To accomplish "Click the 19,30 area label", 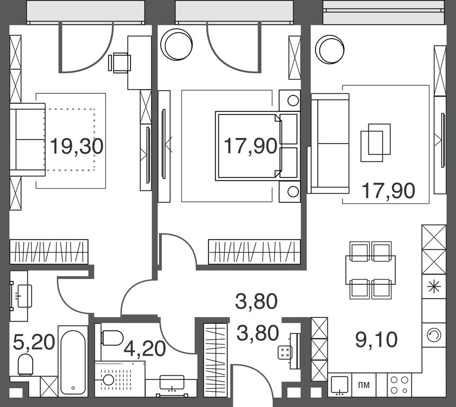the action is [76, 146].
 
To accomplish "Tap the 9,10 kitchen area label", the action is [376, 340].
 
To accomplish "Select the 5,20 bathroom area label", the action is [34, 342].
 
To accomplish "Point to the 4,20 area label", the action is [145, 349].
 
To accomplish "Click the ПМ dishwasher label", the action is [364, 385].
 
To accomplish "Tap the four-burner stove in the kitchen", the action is [399, 385].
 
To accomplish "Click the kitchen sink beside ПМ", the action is [340, 385].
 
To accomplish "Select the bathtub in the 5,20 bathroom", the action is [73, 361].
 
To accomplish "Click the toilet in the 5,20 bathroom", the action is [25, 365].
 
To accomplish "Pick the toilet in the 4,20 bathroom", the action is [112, 338].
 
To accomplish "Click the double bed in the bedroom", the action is [258, 146].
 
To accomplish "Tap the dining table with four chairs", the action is [370, 270].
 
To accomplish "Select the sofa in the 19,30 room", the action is [28, 139].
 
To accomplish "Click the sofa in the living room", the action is [330, 143].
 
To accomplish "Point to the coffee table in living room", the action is [375, 143].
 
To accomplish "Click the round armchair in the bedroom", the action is [177, 45].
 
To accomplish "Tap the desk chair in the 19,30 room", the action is [119, 63].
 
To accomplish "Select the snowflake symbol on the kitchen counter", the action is [434, 286].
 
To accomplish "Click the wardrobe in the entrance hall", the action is [215, 360].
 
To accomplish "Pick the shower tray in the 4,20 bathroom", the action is [120, 379].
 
